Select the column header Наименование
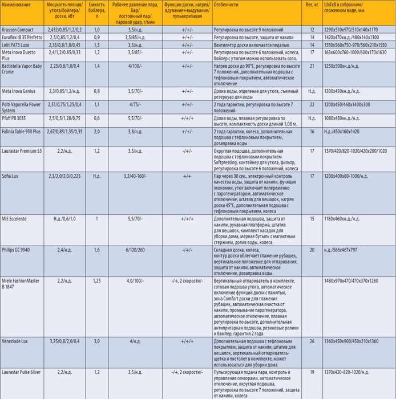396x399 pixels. click(17, 4)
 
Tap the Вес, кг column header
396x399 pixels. click(312, 4)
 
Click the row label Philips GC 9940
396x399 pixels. click(18, 250)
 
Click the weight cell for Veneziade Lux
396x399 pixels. click(312, 340)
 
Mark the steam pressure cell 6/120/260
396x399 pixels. click(135, 250)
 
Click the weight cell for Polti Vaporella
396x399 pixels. click(312, 104)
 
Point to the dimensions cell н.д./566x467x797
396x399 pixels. click(348, 250)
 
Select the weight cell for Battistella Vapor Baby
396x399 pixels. click(312, 66)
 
